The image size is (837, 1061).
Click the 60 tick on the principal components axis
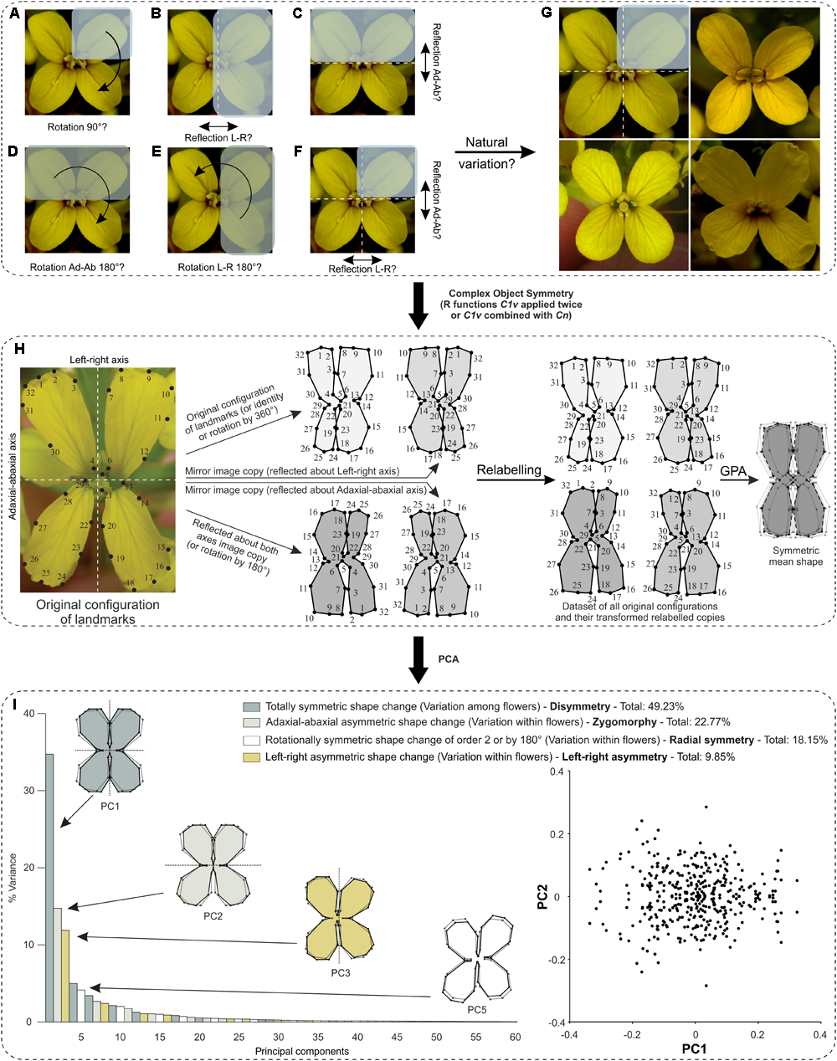(x=514, y=1037)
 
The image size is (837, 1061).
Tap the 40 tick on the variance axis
(x=28, y=714)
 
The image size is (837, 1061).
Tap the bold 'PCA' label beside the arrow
(x=448, y=659)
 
